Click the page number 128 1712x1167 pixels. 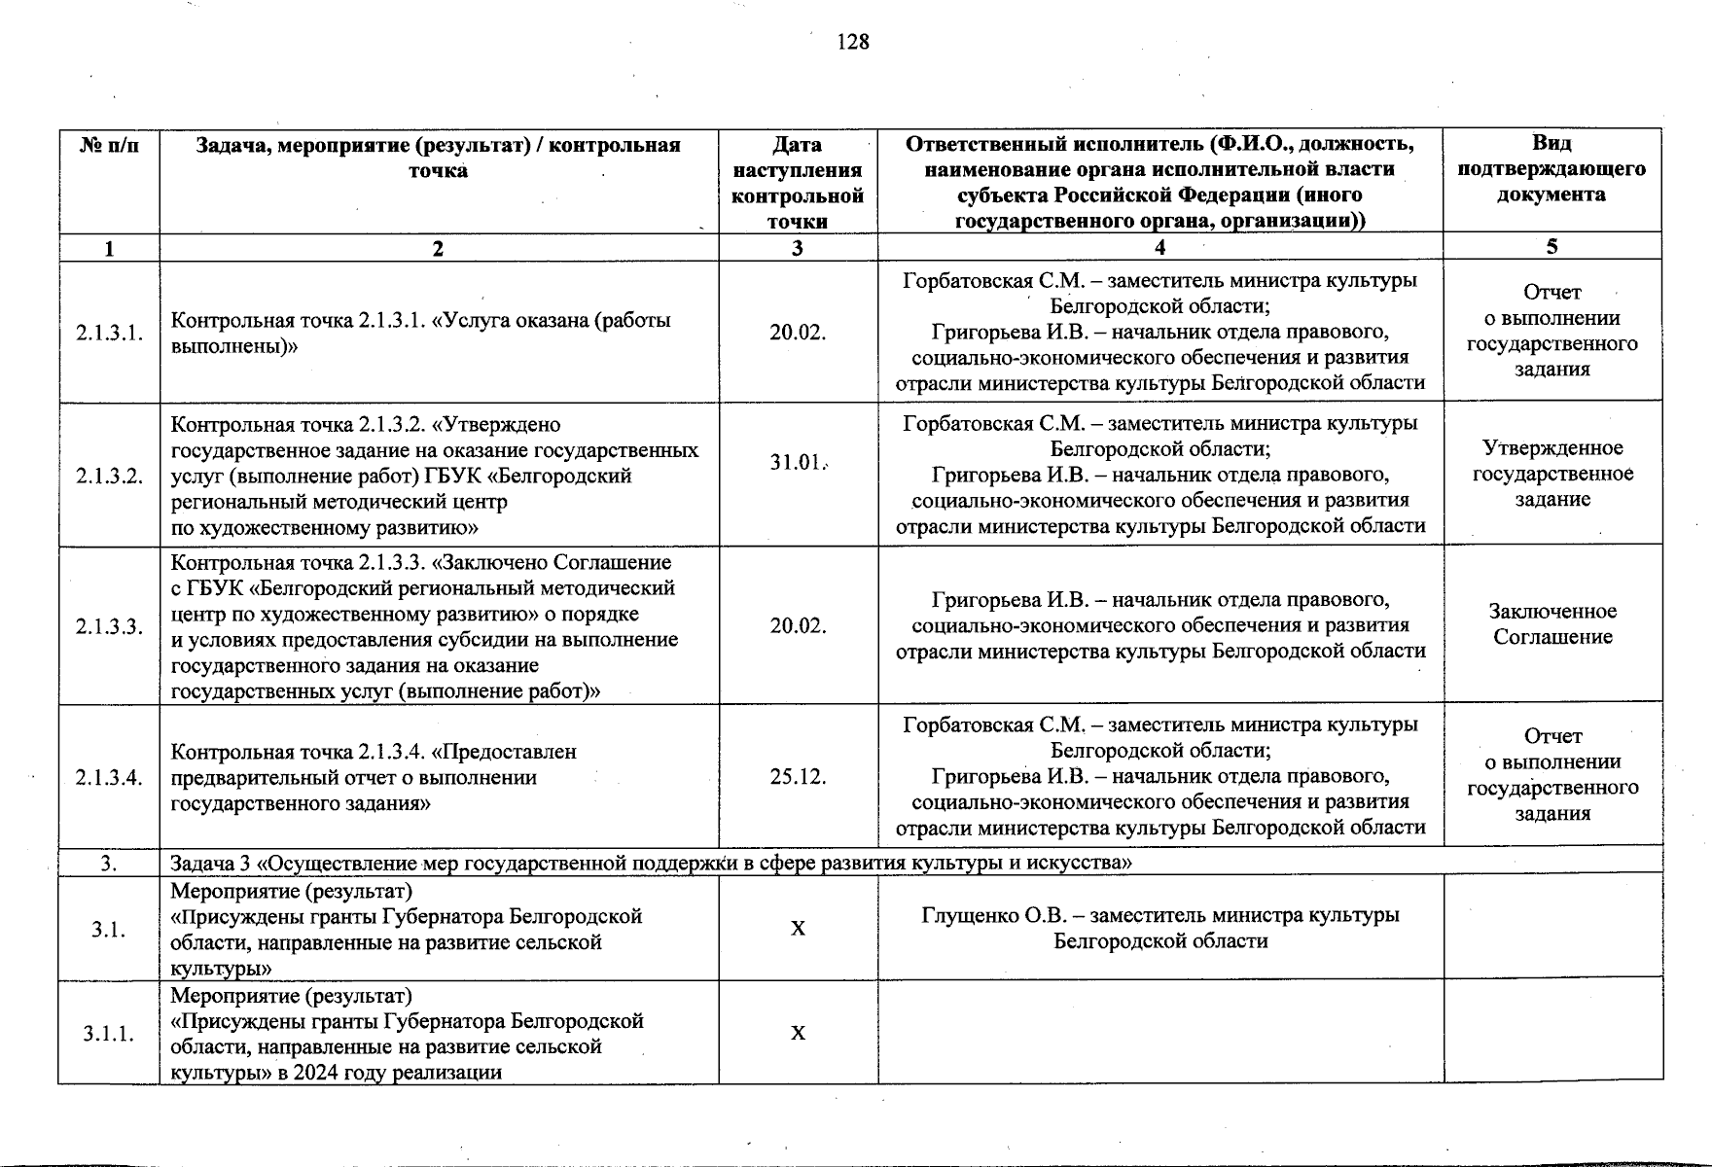coord(852,42)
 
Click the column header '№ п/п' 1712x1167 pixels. coord(109,146)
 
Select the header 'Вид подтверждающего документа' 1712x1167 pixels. coord(1551,168)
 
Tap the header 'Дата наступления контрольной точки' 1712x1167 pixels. coord(797,182)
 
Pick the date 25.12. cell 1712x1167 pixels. coord(798,777)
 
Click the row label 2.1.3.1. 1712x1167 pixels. coord(109,334)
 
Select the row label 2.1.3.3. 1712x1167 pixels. coord(109,626)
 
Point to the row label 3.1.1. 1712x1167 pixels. coord(109,1034)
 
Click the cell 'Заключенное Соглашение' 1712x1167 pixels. coord(1551,624)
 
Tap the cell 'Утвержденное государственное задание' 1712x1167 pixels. coord(1551,474)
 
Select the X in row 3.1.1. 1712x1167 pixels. coord(798,1034)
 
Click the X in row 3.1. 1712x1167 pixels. coord(798,929)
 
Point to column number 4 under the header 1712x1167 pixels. coord(1159,247)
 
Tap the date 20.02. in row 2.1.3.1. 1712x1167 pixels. coord(798,333)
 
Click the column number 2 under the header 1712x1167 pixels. coord(438,248)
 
